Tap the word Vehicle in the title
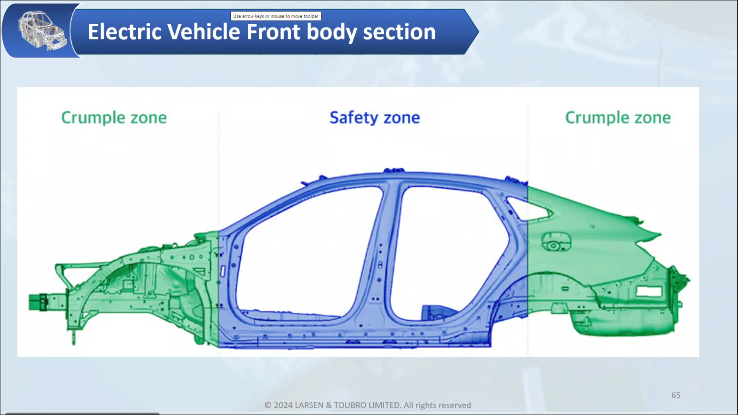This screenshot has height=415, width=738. click(204, 32)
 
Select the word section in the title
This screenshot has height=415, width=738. click(400, 32)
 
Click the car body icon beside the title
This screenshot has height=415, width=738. click(42, 31)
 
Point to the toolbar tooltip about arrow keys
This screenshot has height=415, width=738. click(276, 16)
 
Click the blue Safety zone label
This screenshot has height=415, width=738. click(375, 118)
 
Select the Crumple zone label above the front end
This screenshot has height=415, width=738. click(114, 118)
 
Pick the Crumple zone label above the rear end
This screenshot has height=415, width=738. click(618, 118)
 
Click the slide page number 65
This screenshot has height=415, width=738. click(676, 395)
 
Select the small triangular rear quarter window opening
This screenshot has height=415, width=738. click(527, 208)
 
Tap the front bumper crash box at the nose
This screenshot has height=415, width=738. click(38, 302)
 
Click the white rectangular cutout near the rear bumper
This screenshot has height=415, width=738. click(649, 292)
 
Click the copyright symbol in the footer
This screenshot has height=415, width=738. click(268, 405)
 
